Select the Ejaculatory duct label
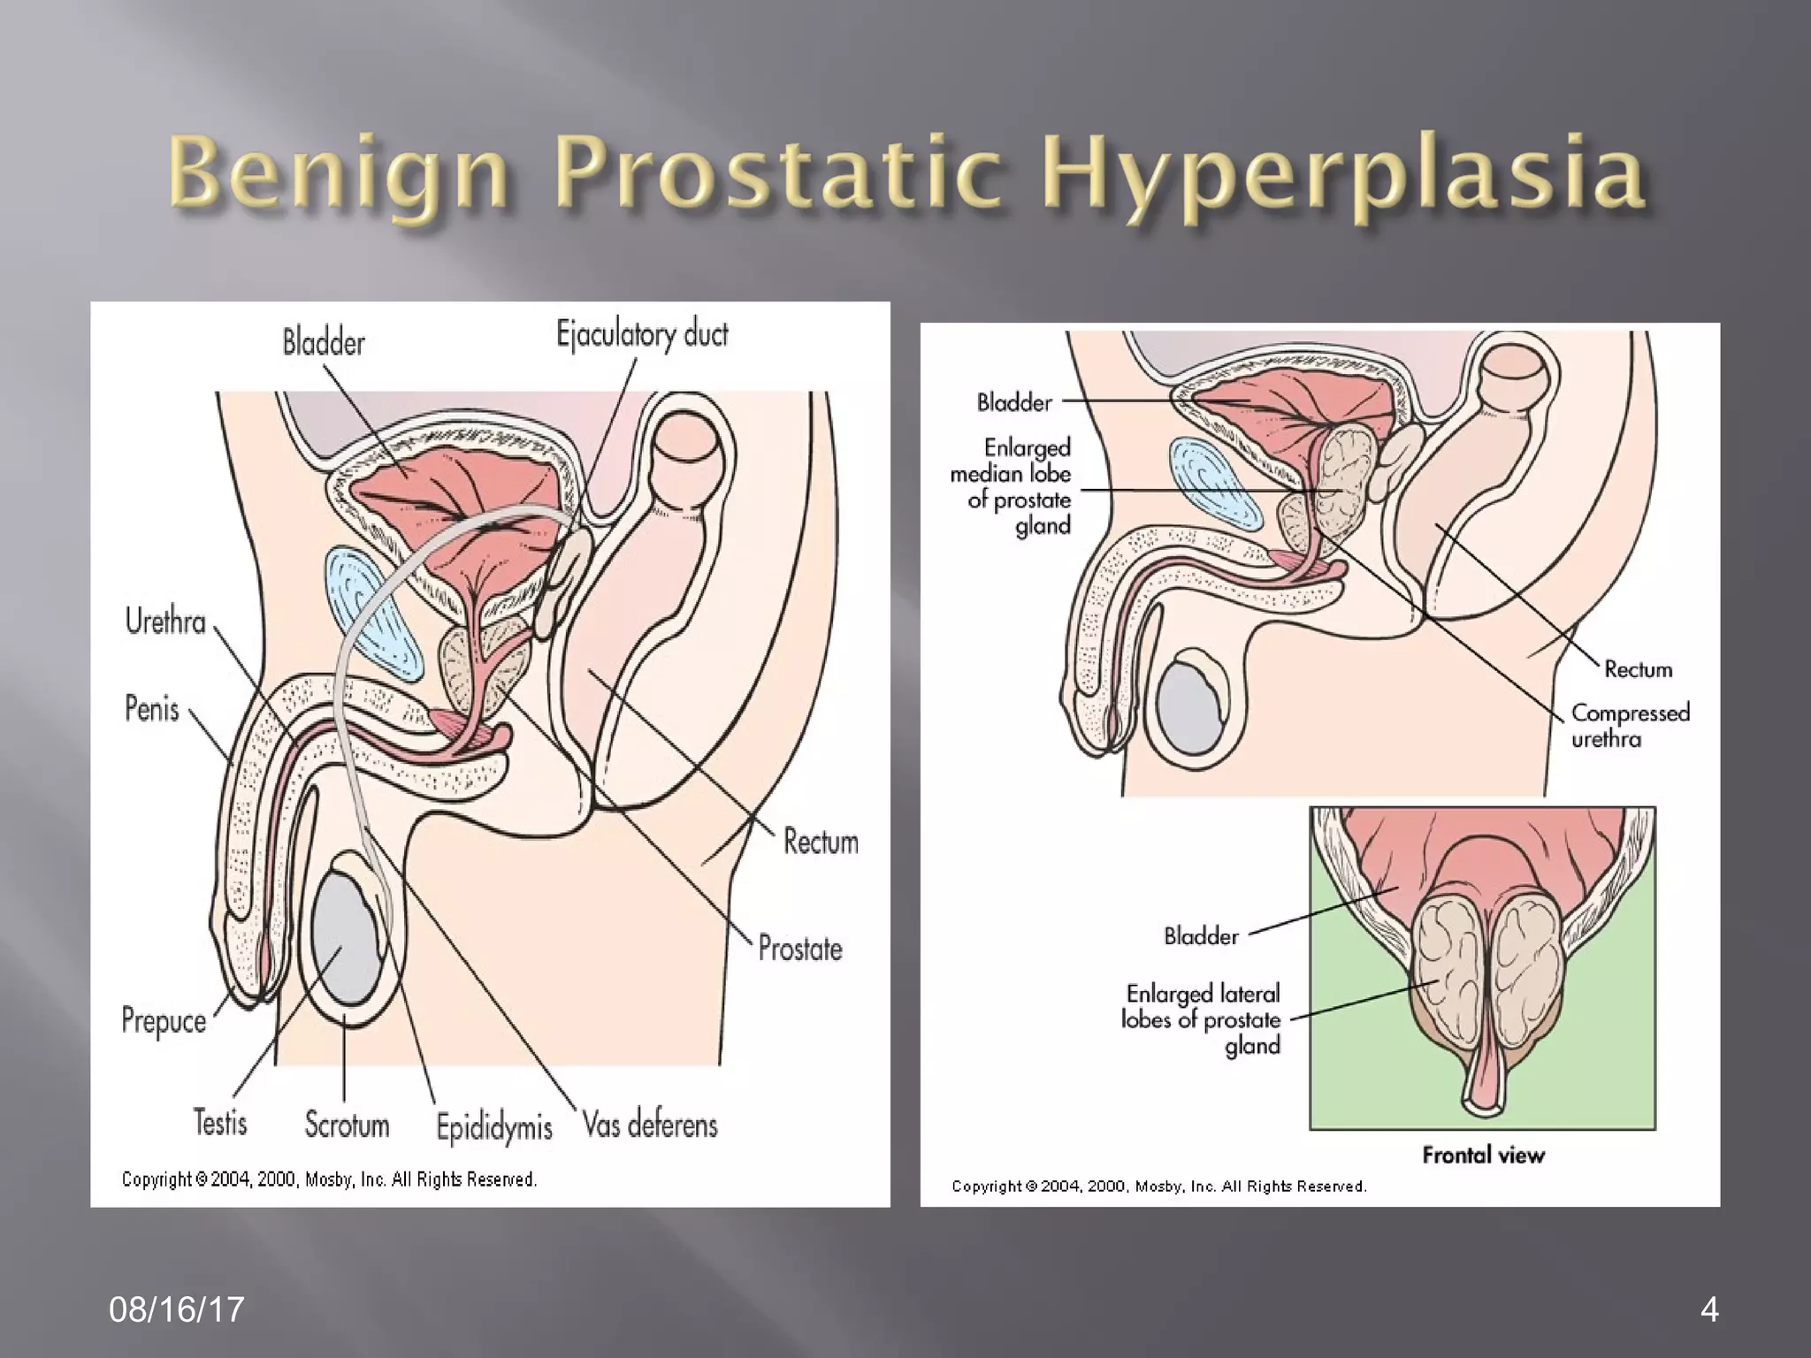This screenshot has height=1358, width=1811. coord(642,335)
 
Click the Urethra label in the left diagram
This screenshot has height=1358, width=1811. coord(165,622)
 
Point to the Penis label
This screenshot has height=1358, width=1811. coord(152,709)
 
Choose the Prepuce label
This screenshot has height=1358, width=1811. coord(164,1021)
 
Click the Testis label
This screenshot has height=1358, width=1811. coord(220,1123)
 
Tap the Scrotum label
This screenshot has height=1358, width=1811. coord(347,1125)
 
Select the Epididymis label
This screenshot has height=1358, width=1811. coord(493,1127)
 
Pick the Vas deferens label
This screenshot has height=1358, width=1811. coord(650,1125)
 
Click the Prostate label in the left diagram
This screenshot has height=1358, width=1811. coord(800,949)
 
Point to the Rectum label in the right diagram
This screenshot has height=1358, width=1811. coord(1638,669)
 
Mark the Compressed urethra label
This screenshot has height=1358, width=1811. coord(1630,725)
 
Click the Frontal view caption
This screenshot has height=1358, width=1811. coord(1483,1155)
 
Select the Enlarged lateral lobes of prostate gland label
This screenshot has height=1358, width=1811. coord(1203,1019)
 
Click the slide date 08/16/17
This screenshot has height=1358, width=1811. coord(177,1309)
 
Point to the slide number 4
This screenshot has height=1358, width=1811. coord(1709,1309)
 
